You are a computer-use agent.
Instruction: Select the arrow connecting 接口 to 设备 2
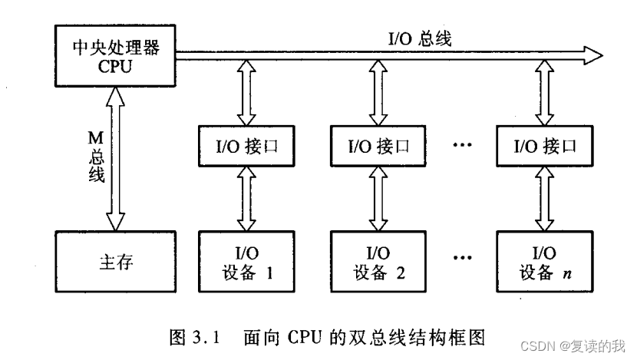(x=378, y=200)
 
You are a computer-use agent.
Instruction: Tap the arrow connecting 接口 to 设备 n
(x=546, y=200)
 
